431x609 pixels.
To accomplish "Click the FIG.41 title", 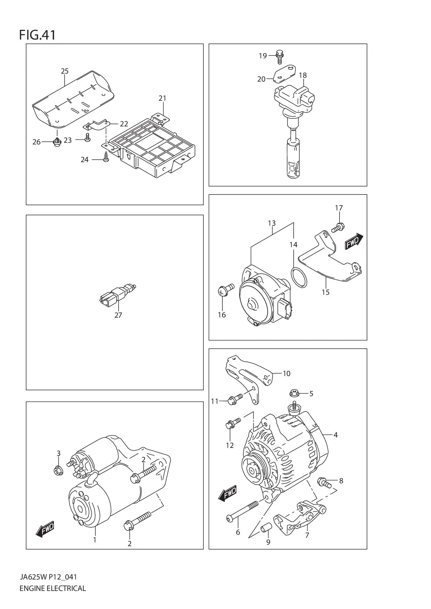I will click(37, 35).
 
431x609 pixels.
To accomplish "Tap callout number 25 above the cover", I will click(65, 71).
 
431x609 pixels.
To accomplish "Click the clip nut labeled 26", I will click(57, 142).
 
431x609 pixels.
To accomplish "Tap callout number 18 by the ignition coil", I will click(302, 75).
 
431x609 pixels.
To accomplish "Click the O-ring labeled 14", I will click(299, 278).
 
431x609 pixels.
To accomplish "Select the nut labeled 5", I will click(294, 393).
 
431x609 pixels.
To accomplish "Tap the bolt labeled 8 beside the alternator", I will click(324, 482).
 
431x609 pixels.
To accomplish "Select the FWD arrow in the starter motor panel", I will click(45, 529).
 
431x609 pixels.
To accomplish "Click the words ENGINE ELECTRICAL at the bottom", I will click(52, 588).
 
